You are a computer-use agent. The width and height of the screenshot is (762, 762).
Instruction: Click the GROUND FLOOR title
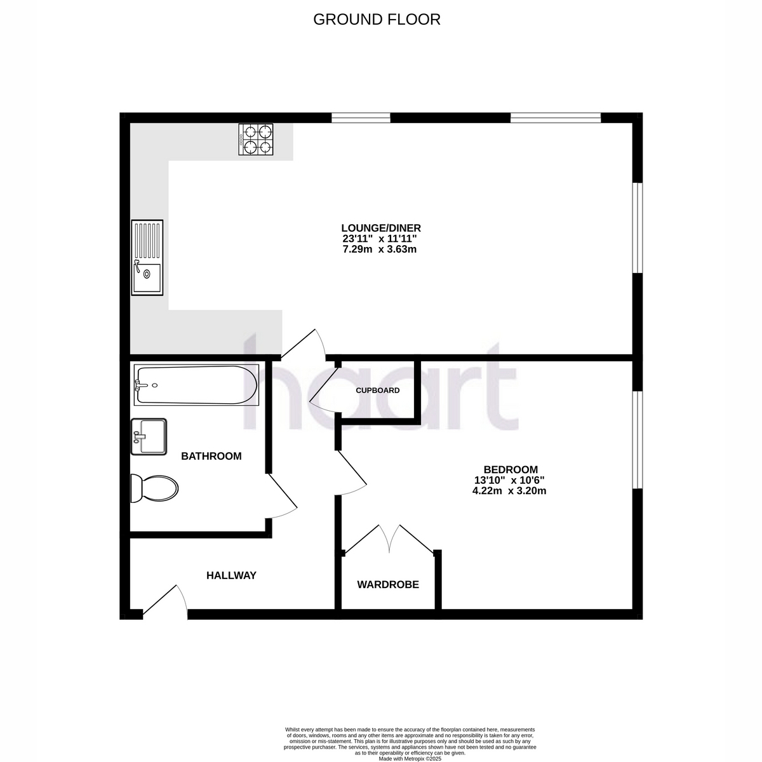(x=377, y=20)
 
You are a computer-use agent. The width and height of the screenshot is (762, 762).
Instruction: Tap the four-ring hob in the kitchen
(x=256, y=139)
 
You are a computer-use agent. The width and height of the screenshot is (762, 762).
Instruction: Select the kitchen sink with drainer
(x=147, y=257)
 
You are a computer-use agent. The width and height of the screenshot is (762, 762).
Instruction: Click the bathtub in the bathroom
(x=196, y=385)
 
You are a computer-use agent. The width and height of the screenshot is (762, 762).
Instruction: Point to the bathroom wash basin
(x=149, y=437)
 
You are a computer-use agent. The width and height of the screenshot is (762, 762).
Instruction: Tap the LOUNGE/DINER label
(x=381, y=228)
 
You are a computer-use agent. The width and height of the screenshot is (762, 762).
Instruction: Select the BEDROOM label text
(x=511, y=469)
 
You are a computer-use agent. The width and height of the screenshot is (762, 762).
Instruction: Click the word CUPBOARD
(x=378, y=391)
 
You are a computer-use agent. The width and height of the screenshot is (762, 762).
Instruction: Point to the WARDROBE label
(x=388, y=584)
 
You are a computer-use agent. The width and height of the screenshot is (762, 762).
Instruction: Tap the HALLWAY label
(x=231, y=575)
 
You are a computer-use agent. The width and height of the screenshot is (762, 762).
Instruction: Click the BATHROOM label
(x=211, y=456)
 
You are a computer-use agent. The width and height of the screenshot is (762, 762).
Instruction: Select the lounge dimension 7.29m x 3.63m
(x=380, y=250)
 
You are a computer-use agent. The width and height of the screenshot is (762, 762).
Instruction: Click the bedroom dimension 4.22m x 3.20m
(x=509, y=491)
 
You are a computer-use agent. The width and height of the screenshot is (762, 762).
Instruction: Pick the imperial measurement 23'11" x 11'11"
(x=380, y=239)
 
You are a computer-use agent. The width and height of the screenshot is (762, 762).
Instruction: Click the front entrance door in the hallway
(x=165, y=601)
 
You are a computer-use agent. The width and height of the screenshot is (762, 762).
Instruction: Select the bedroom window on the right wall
(x=637, y=440)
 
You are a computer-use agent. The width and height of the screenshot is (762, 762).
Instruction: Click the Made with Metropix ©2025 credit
(x=410, y=759)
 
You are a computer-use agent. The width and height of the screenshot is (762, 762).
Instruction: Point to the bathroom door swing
(x=281, y=496)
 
